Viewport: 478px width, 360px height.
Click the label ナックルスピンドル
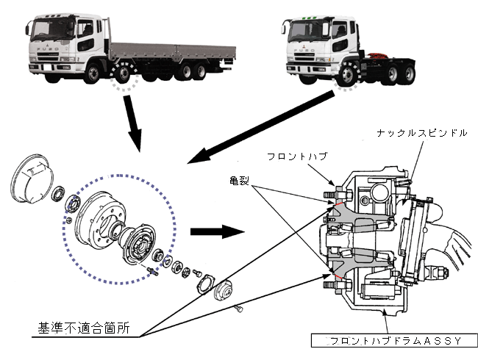pos(421,132)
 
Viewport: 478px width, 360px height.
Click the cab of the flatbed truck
pos(62,44)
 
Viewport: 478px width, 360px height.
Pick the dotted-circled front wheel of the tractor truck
pos(344,75)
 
